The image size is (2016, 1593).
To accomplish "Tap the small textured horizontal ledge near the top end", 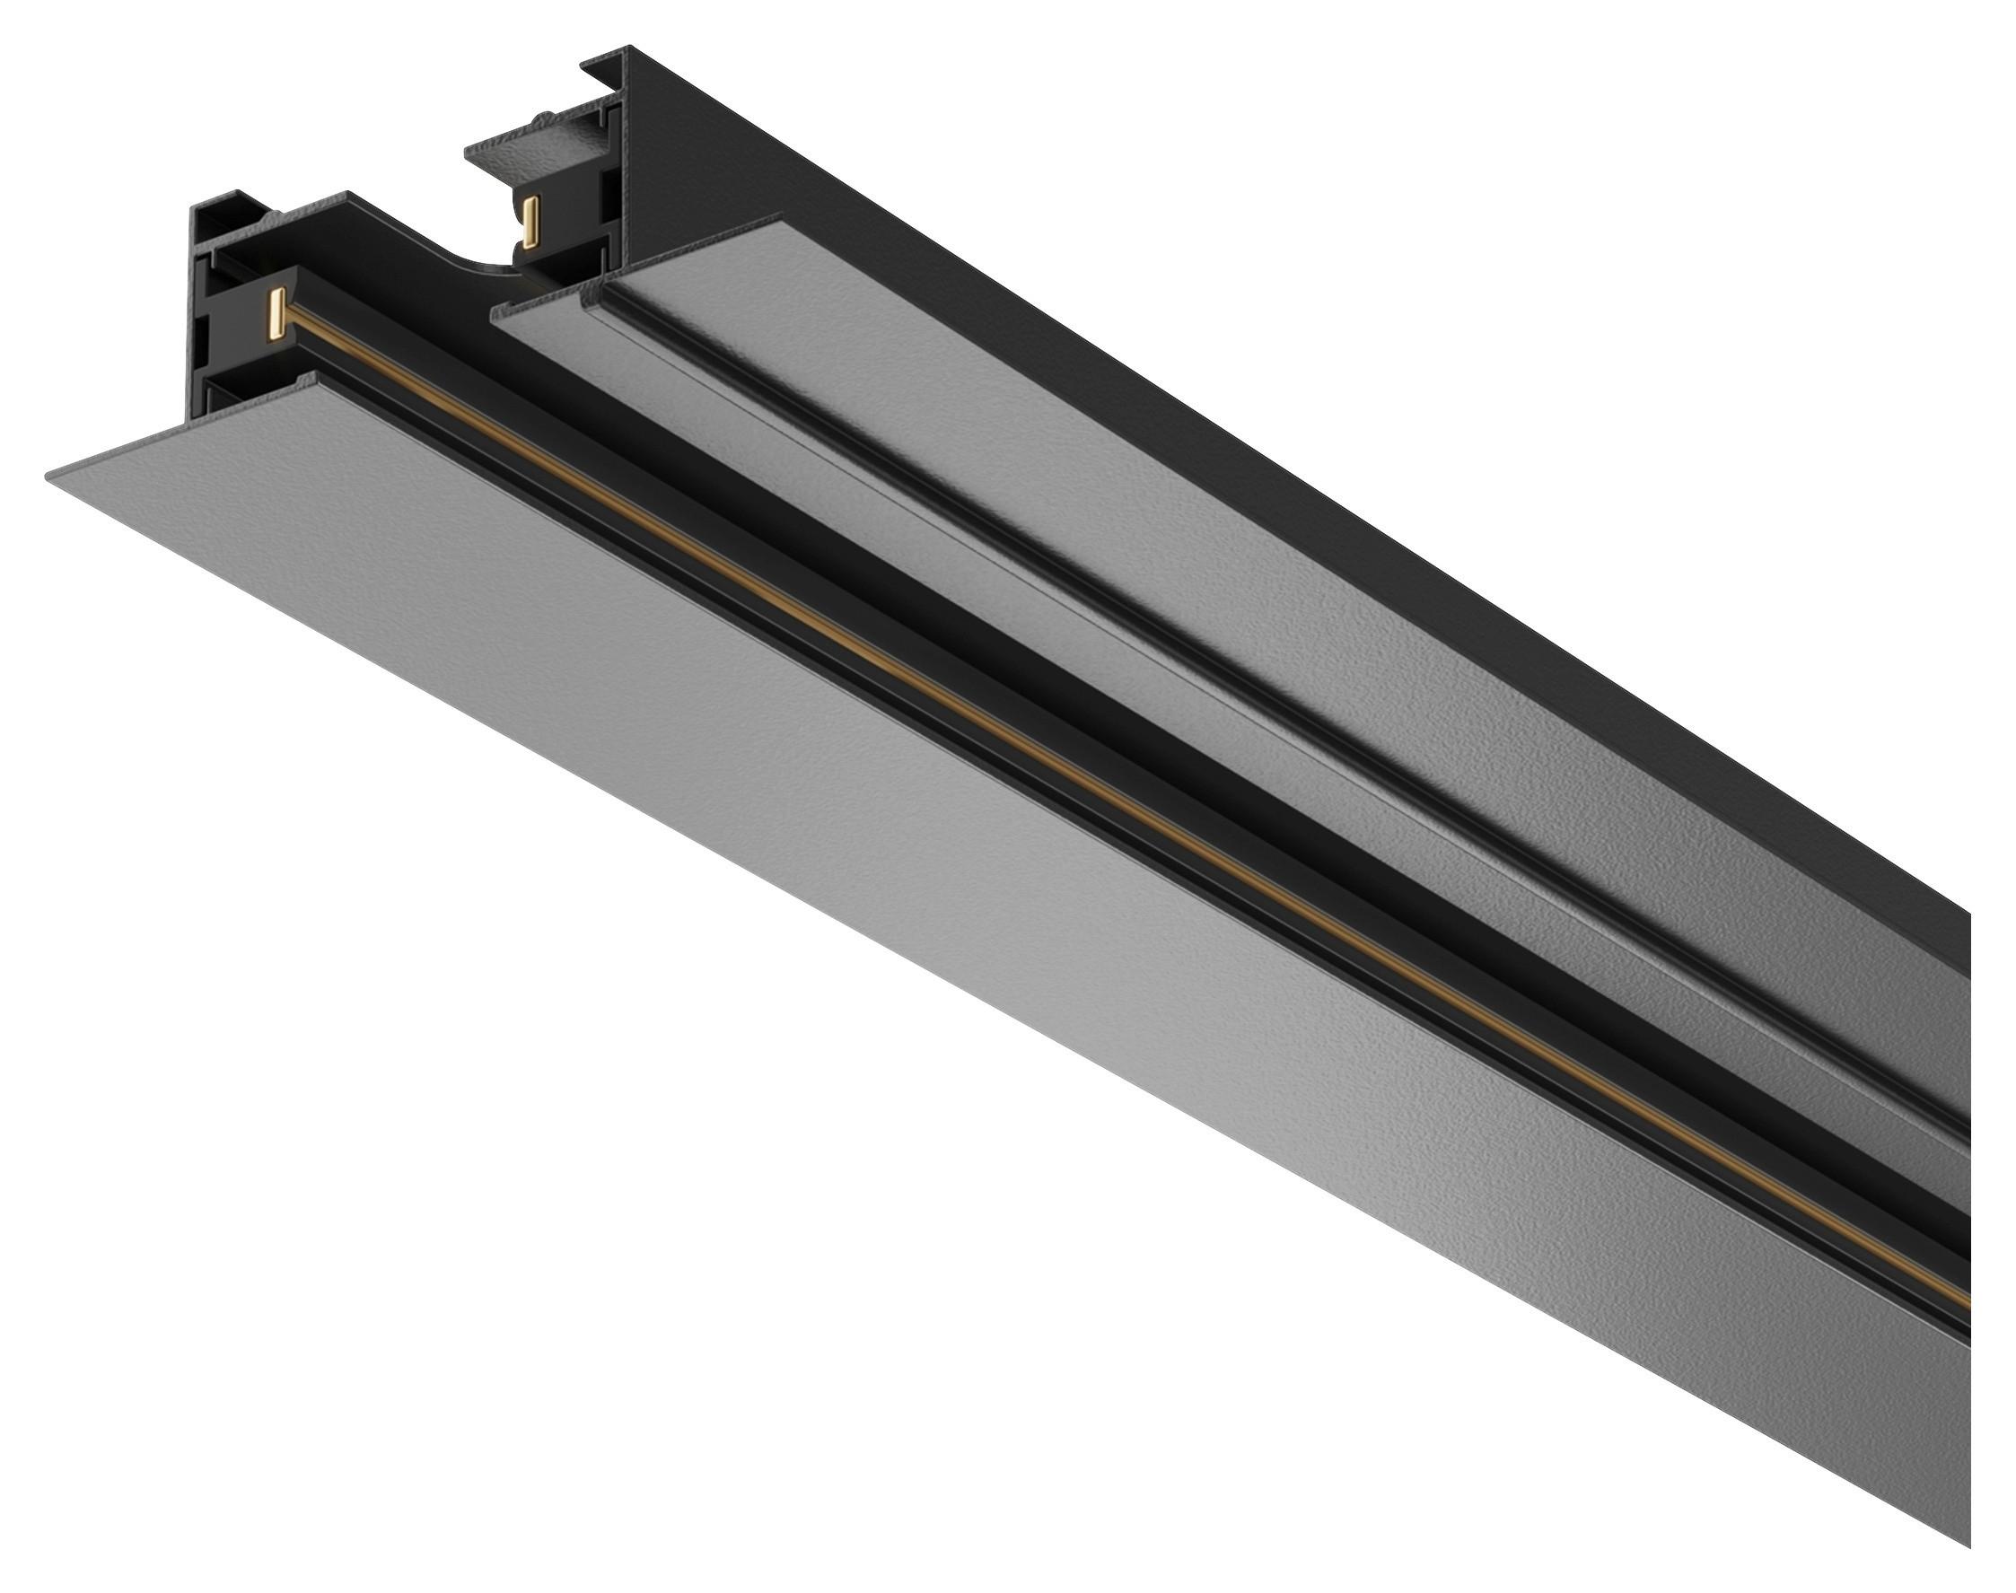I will coord(522,149).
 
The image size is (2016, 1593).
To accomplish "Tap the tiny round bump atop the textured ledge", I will coord(540,118).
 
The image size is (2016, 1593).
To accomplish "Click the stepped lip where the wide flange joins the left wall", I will coord(308,382).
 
